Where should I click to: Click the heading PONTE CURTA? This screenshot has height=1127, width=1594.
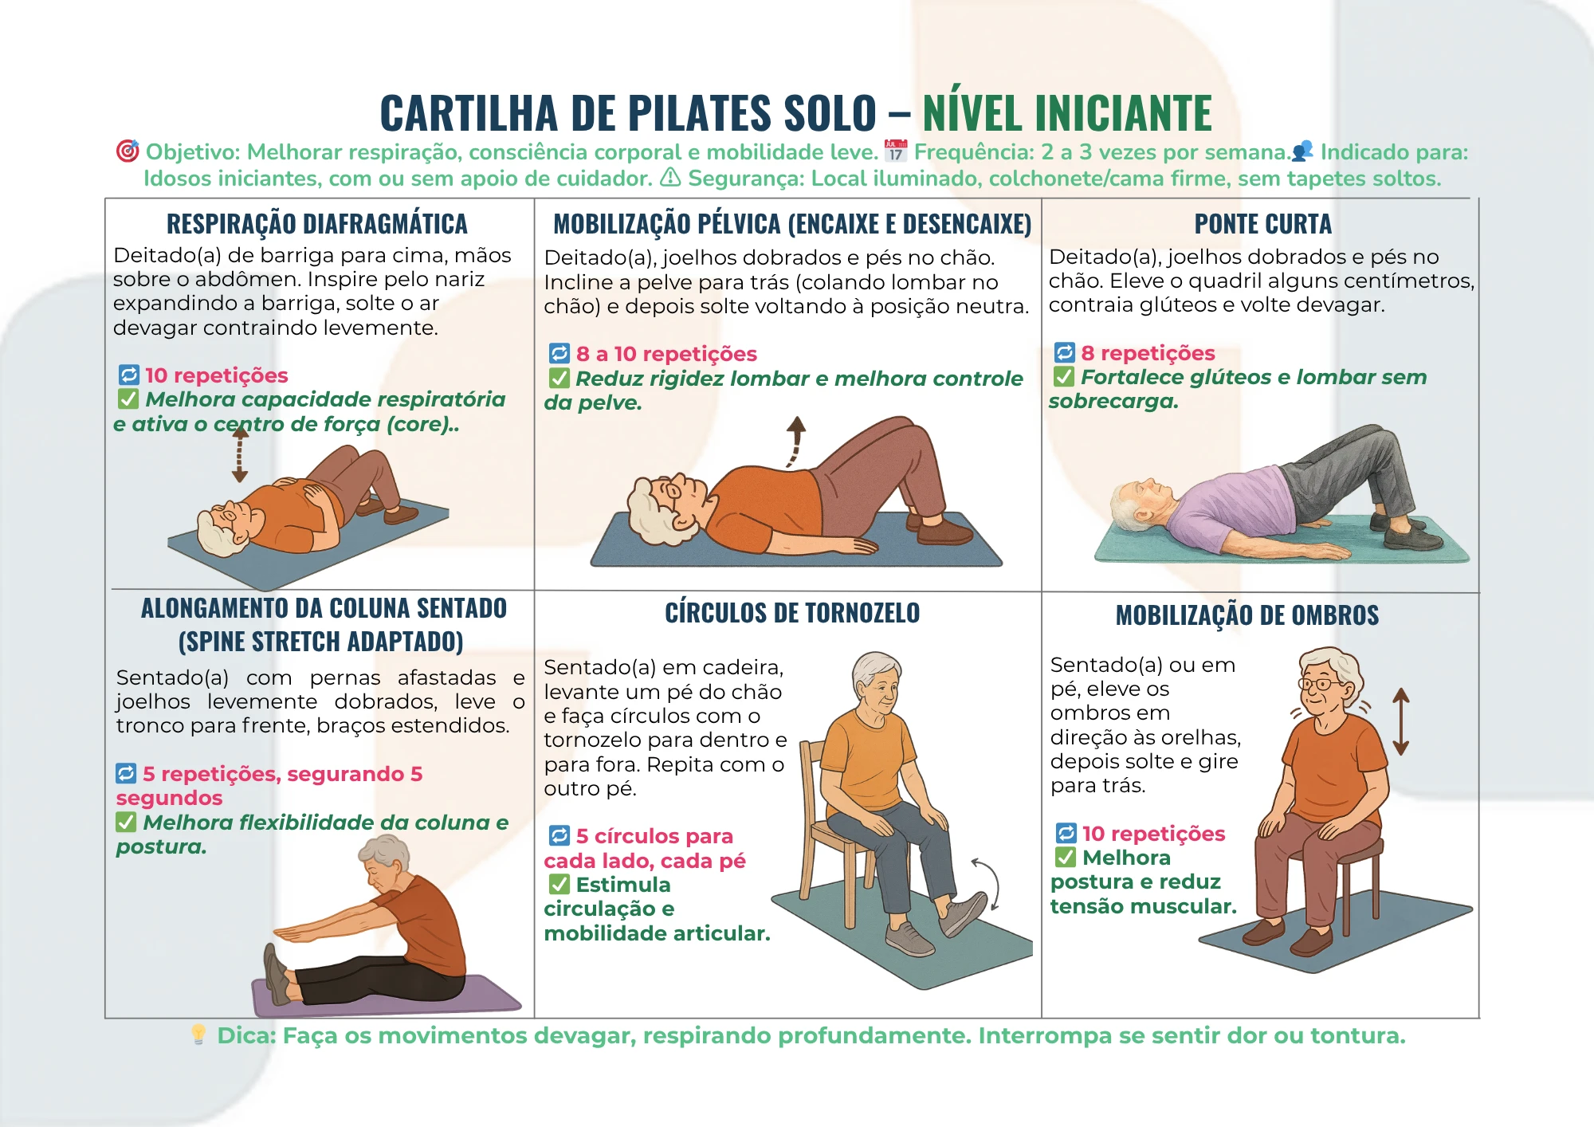1262,224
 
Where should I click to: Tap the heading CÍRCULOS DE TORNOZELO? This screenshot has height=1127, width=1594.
792,613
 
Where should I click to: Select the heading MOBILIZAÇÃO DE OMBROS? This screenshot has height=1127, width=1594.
1247,615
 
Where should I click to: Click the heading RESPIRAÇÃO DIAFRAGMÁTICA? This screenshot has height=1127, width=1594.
317,224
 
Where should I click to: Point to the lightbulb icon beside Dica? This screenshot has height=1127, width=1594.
198,1035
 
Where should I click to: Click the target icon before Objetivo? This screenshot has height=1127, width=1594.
128,151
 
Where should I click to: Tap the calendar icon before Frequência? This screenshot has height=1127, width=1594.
896,151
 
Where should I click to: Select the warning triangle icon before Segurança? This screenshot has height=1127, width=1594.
670,177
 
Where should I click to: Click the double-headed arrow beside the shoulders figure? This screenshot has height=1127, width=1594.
1400,721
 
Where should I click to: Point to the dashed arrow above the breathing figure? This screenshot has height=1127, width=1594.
239,455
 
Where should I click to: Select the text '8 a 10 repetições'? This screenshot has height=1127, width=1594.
666,354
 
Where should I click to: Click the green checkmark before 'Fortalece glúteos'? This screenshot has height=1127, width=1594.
1064,376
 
